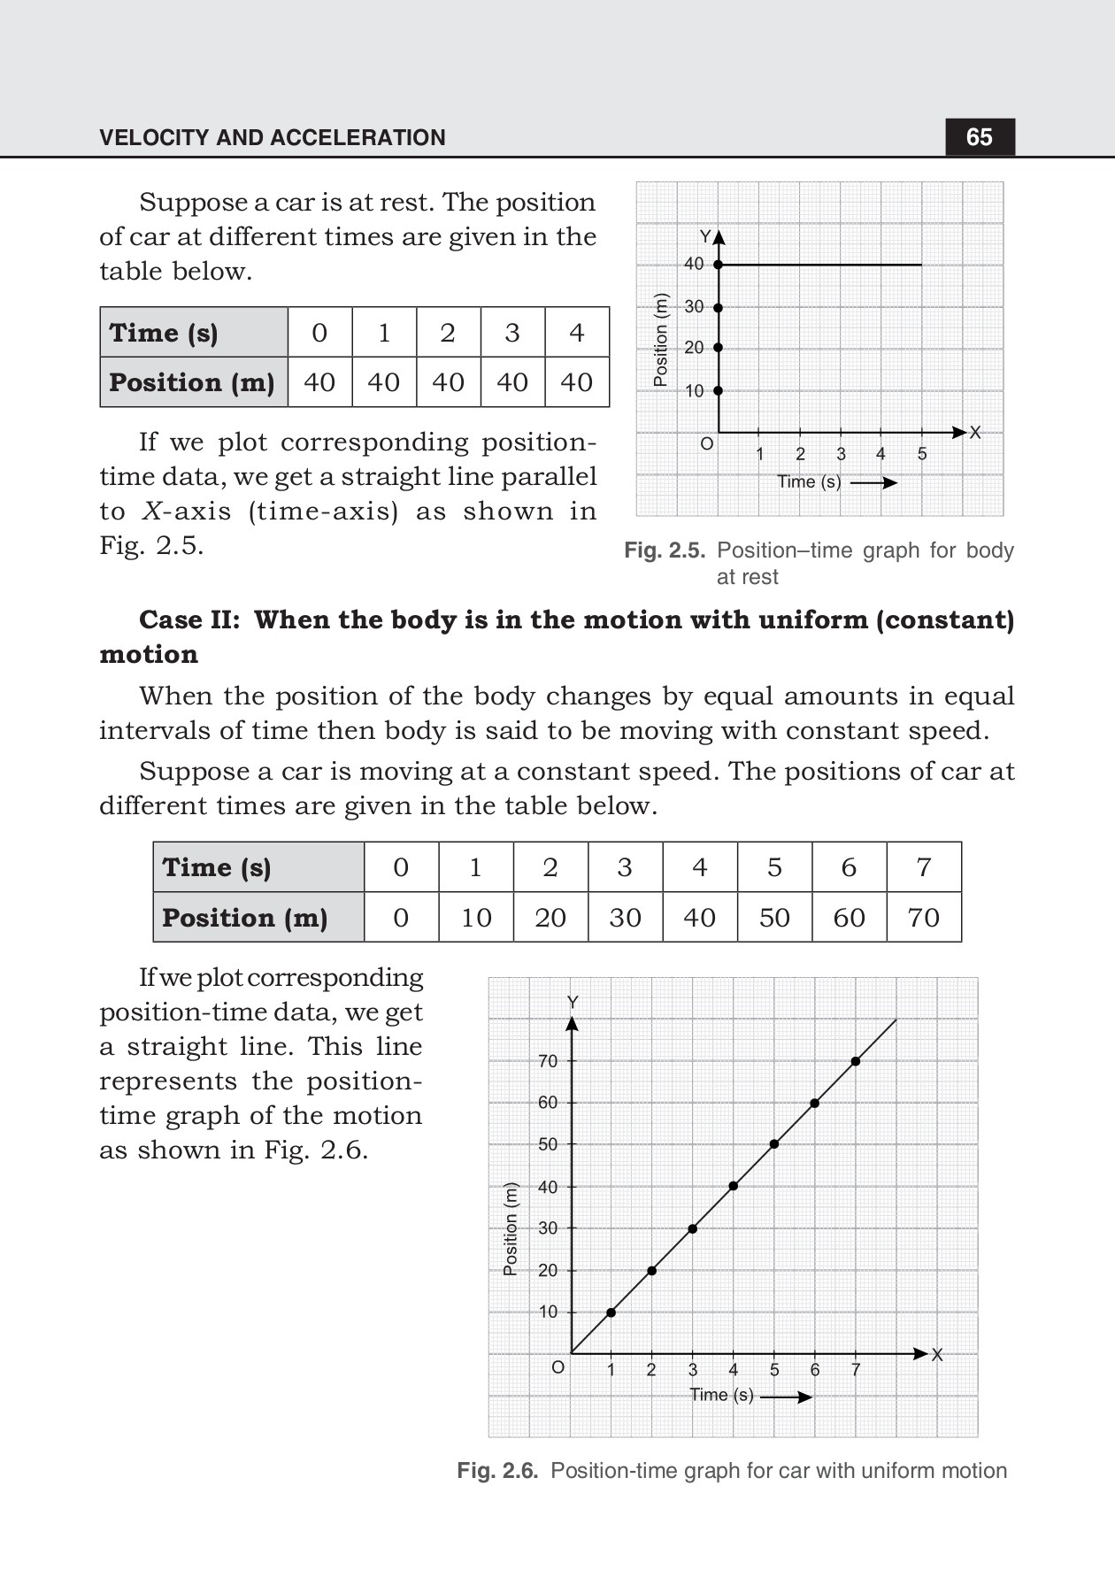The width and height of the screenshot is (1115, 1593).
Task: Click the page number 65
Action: [979, 137]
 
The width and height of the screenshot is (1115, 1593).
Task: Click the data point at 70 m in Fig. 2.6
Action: [856, 1061]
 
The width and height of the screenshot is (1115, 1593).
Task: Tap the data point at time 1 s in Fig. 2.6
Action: [611, 1312]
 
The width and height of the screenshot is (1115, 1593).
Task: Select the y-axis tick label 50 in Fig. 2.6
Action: [548, 1144]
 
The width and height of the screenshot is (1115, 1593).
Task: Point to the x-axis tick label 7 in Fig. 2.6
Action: [856, 1370]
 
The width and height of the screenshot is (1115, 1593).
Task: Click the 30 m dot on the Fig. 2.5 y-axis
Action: [718, 307]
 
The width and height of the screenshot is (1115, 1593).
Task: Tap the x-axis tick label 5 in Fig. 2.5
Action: [922, 454]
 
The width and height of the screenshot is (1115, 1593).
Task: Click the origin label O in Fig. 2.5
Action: [706, 444]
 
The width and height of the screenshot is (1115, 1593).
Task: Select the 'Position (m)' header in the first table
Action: [192, 382]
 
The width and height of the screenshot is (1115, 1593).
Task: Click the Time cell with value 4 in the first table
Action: [577, 333]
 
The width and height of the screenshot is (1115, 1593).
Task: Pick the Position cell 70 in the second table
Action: [923, 918]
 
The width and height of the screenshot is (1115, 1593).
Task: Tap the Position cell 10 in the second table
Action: [476, 918]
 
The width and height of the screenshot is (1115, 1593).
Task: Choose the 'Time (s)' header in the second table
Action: [217, 867]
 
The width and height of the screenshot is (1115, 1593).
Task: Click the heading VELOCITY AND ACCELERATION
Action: [273, 137]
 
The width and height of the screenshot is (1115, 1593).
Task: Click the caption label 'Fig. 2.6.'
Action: [497, 1471]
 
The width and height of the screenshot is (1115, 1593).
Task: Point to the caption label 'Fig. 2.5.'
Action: [665, 550]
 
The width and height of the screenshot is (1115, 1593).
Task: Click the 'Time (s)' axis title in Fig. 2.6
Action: [721, 1395]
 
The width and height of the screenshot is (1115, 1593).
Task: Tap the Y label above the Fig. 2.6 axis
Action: [573, 1002]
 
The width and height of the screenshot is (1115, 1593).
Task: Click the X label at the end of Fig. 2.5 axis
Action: [975, 432]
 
